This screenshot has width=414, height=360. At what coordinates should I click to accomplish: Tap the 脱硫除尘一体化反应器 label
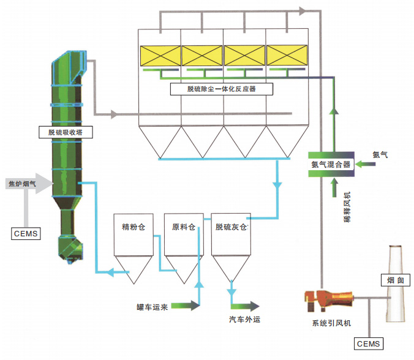222,89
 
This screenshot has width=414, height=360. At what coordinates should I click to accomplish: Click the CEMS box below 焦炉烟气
26,233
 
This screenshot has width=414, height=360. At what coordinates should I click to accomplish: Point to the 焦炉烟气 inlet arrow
28,183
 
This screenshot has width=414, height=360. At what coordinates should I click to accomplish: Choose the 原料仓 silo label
183,227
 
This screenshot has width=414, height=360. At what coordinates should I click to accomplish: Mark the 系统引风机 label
331,322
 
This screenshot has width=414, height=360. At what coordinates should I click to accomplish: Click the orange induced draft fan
327,300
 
